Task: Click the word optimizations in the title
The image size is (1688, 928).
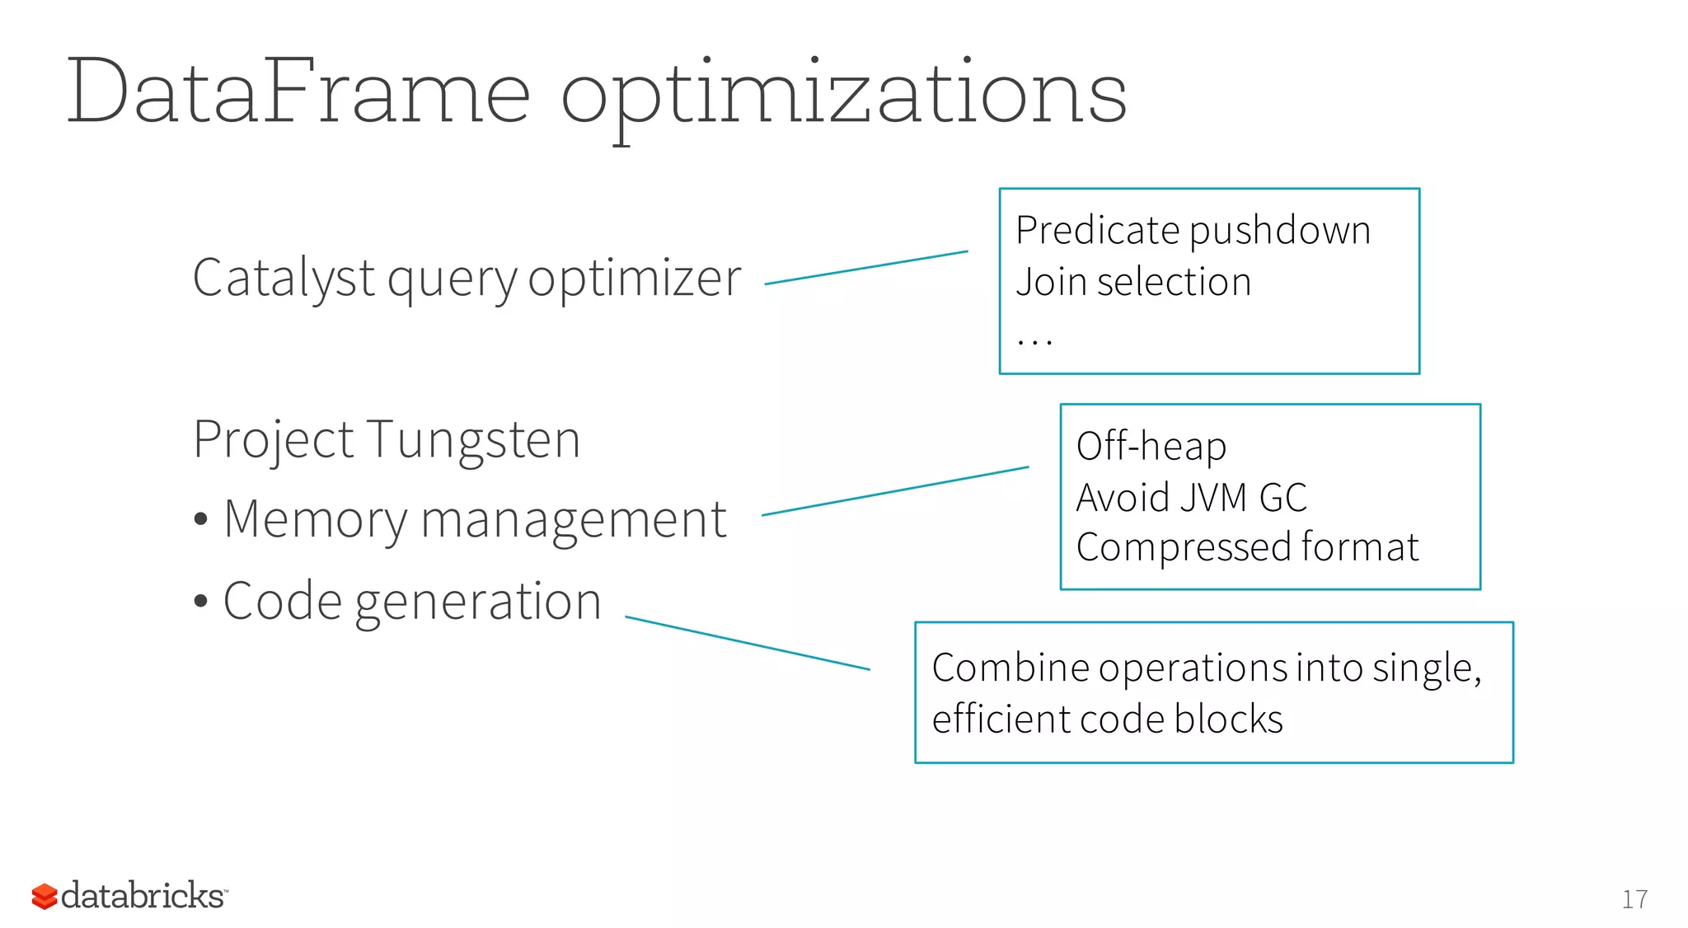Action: tap(843, 97)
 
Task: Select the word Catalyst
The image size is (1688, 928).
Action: tap(284, 279)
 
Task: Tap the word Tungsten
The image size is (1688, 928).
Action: tap(473, 439)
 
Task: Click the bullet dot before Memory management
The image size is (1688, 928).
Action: tap(201, 520)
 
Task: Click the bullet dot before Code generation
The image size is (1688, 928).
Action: tap(201, 601)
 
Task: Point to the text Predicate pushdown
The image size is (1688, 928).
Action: tap(1193, 231)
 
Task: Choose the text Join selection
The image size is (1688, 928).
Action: tap(1133, 282)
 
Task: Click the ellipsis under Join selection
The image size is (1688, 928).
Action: tap(1034, 340)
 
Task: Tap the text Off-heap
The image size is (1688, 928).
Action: tap(1151, 447)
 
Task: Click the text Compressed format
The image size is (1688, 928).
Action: tap(1247, 547)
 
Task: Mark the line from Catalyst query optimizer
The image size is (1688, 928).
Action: tap(866, 268)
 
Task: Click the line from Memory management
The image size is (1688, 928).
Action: tap(895, 491)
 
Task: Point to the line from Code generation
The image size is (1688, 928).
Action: tap(748, 643)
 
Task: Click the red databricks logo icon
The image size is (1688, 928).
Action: tap(45, 897)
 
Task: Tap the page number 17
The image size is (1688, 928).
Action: tap(1634, 899)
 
